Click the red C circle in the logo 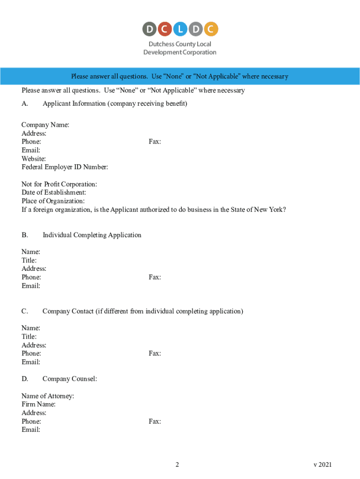coord(165,29)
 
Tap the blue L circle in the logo coord(180,29)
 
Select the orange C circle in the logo coord(211,29)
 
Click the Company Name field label coord(45,125)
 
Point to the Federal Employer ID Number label coord(65,167)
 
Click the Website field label coord(34,159)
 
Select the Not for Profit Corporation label coord(59,184)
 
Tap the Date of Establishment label coord(54,192)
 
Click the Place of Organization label coord(53,201)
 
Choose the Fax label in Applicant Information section coord(155,141)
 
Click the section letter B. coord(25,235)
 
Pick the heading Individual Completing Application coord(92,235)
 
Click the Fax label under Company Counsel coord(155,421)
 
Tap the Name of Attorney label coord(48,396)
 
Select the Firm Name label coord(38,404)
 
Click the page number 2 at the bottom coord(177,464)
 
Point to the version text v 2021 coord(323,464)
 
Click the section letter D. coord(25,379)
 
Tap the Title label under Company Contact coord(29,336)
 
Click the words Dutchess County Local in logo coord(180,44)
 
